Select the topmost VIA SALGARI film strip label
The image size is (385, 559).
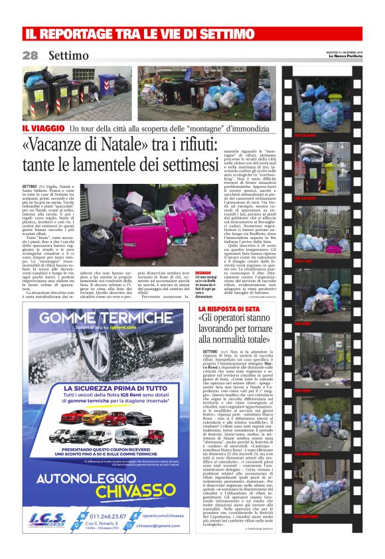(x=305, y=136)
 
